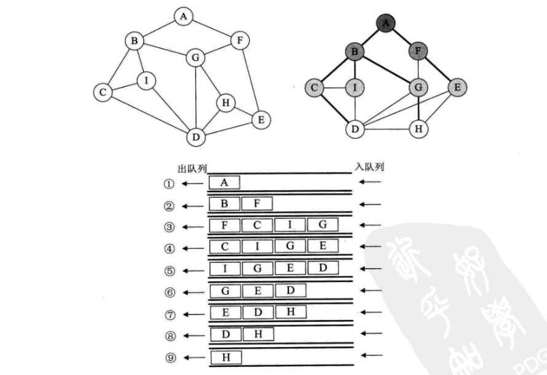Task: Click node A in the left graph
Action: click(182, 16)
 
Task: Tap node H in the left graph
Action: click(225, 103)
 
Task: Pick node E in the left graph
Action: click(260, 120)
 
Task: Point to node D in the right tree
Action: click(354, 127)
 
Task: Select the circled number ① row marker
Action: click(169, 183)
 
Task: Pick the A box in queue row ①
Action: click(225, 182)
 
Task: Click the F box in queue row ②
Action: click(256, 204)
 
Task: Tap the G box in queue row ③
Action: click(322, 225)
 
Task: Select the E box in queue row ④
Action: click(322, 247)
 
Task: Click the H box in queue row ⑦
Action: click(291, 312)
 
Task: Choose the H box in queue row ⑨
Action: click(225, 357)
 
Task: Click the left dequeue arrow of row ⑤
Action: click(194, 270)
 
